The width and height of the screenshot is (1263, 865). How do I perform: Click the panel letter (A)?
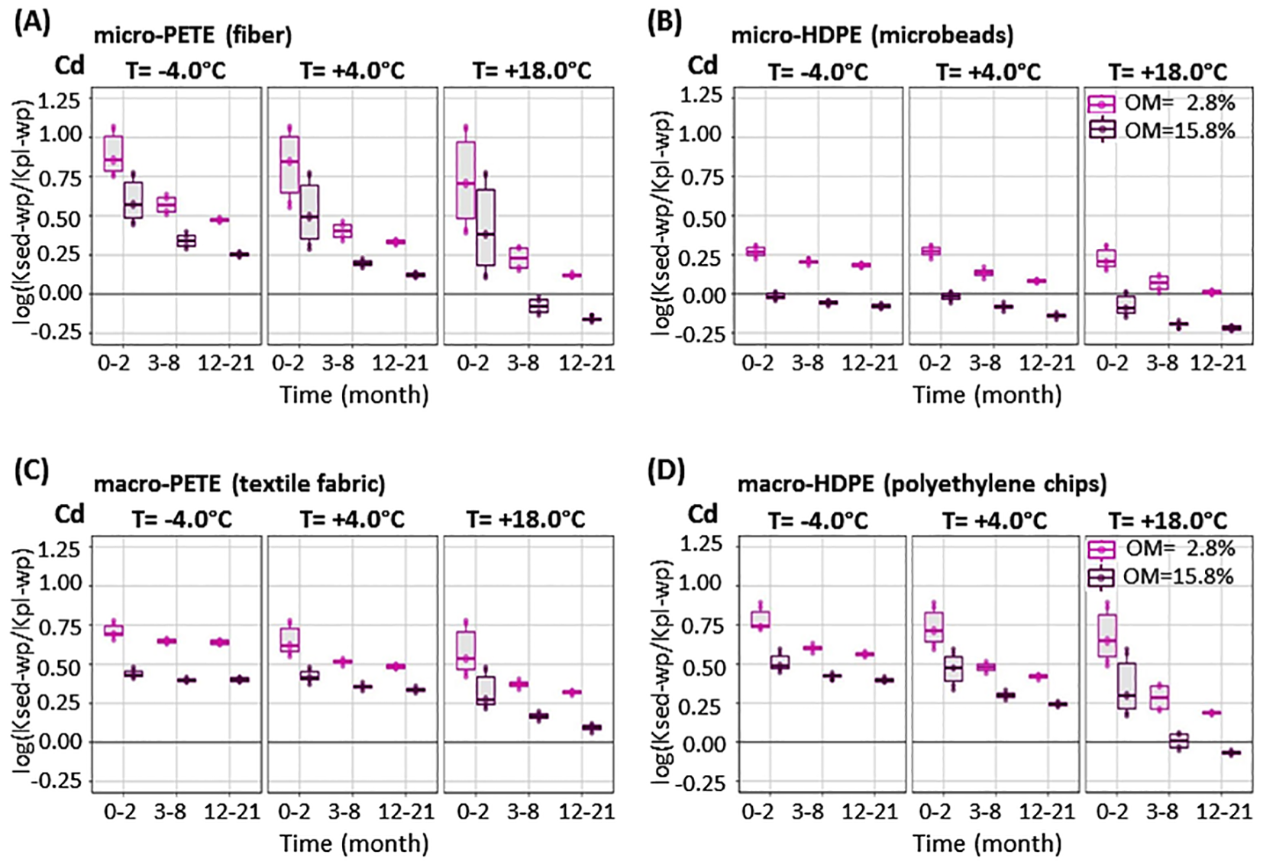(x=32, y=23)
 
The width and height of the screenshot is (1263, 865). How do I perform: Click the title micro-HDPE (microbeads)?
(x=872, y=35)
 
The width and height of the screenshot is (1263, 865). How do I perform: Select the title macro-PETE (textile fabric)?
(x=239, y=484)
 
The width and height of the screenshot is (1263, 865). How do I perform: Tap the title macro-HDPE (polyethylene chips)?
(x=922, y=484)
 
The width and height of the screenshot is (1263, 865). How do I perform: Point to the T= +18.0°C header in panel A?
(x=531, y=71)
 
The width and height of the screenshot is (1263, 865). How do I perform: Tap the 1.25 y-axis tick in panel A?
(x=59, y=99)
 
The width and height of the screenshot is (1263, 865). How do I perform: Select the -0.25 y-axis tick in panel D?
(x=700, y=783)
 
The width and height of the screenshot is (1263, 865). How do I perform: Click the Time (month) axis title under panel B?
(x=987, y=395)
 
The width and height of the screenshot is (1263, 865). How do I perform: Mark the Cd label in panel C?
(x=69, y=514)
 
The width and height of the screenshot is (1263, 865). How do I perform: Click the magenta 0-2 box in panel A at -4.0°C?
(x=114, y=154)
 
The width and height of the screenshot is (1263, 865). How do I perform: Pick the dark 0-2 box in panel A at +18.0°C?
(x=486, y=228)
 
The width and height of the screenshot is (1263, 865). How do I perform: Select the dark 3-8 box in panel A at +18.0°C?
(x=539, y=306)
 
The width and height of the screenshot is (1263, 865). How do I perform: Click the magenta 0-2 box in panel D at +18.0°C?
(x=1107, y=635)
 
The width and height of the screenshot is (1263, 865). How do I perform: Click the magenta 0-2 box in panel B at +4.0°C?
(x=932, y=251)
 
